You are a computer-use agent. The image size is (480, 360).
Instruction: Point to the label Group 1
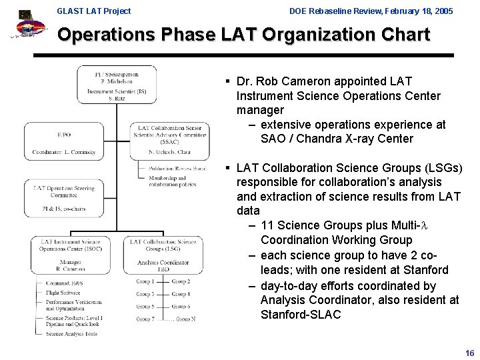pyautogui.click(x=145, y=281)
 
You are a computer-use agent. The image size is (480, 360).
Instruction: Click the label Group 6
pyautogui.click(x=181, y=307)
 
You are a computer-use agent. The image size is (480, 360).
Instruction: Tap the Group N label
pyautogui.click(x=185, y=319)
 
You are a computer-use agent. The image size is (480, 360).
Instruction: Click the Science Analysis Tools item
pyautogui.click(x=71, y=333)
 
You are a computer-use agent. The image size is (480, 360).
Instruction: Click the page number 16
pyautogui.click(x=470, y=353)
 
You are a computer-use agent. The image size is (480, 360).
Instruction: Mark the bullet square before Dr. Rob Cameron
pyautogui.click(x=228, y=81)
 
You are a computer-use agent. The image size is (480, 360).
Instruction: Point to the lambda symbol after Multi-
pyautogui.click(x=423, y=225)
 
